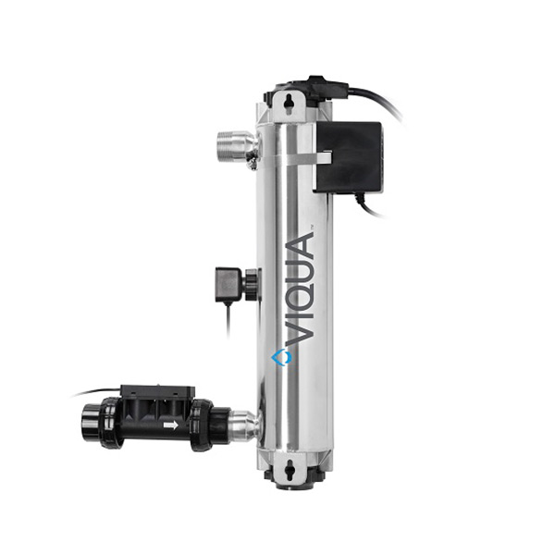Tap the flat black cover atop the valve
coord(158,393)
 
